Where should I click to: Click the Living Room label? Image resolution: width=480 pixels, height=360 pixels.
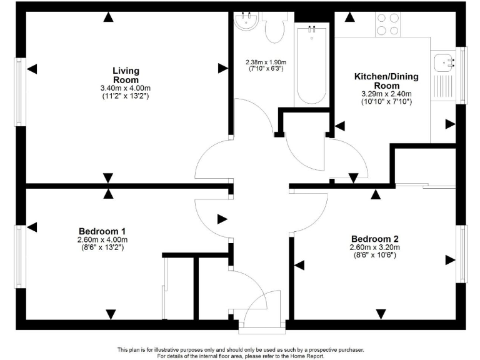click(x=126, y=75)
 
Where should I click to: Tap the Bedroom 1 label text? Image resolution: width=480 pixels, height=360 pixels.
click(x=102, y=231)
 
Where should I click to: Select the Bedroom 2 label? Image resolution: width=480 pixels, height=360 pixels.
click(x=374, y=239)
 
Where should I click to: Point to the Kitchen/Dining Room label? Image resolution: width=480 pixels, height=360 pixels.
click(x=386, y=81)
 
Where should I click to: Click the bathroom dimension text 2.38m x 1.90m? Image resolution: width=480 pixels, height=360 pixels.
click(x=264, y=62)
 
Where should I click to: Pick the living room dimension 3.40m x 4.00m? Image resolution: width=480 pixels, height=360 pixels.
click(x=126, y=88)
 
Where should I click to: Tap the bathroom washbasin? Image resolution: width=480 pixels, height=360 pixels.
click(x=247, y=21)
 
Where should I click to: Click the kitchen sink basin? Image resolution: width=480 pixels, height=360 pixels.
click(x=446, y=62)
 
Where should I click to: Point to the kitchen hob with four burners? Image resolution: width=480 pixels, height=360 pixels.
click(x=387, y=24)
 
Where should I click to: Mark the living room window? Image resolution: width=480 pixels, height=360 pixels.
click(x=20, y=92)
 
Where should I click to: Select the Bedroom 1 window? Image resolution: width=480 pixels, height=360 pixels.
click(x=20, y=257)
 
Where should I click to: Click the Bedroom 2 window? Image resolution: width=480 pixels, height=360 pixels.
click(x=463, y=254)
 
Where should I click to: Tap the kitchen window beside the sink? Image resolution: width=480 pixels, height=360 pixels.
click(x=462, y=75)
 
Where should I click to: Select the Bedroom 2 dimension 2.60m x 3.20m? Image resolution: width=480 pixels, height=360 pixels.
click(x=374, y=247)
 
